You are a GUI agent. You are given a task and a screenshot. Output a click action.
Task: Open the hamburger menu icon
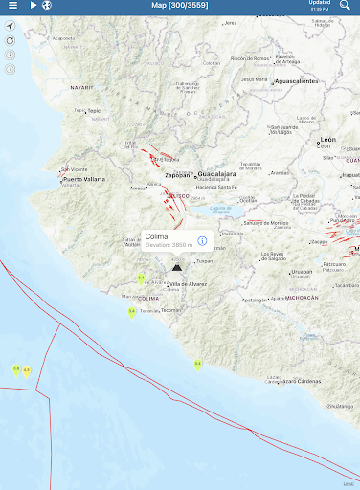pyautogui.click(x=11, y=6)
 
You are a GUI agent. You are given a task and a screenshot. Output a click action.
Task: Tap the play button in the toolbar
pyautogui.click(x=33, y=6)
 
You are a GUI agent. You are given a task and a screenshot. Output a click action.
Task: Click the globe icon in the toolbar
pyautogui.click(x=45, y=6)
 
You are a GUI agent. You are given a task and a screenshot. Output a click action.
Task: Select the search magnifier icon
pyautogui.click(x=345, y=6)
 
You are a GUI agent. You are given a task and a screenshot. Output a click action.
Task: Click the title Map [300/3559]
pyautogui.click(x=180, y=6)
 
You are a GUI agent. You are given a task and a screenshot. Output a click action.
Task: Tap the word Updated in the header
pyautogui.click(x=319, y=3)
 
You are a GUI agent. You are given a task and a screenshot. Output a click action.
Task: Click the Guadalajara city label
pyautogui.click(x=217, y=175)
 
